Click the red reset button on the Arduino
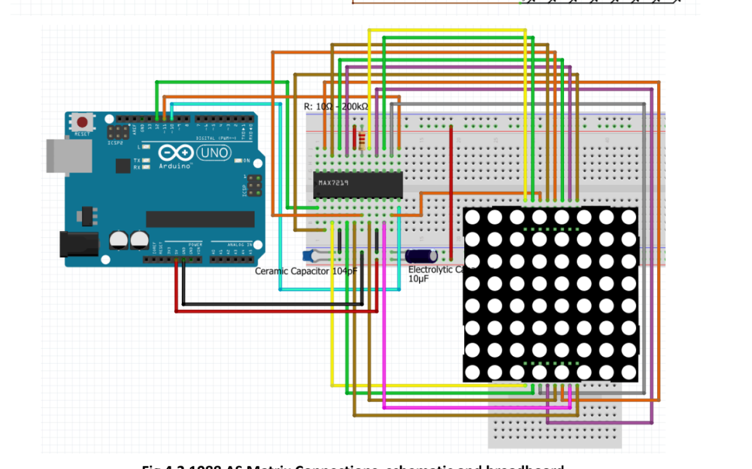tap(82, 121)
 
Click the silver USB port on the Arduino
tap(68, 155)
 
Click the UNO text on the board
tap(213, 152)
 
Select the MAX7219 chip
tap(358, 185)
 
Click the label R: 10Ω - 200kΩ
tap(337, 107)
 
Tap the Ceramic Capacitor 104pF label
tap(306, 271)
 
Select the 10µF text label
tap(419, 279)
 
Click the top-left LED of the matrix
tap(472, 217)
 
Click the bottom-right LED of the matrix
tap(629, 372)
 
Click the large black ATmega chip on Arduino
tap(200, 219)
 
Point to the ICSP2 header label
tap(115, 142)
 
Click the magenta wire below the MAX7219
tap(384, 320)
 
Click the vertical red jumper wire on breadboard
tap(451, 191)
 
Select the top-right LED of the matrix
tap(629, 217)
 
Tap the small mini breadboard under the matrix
tap(555, 425)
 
